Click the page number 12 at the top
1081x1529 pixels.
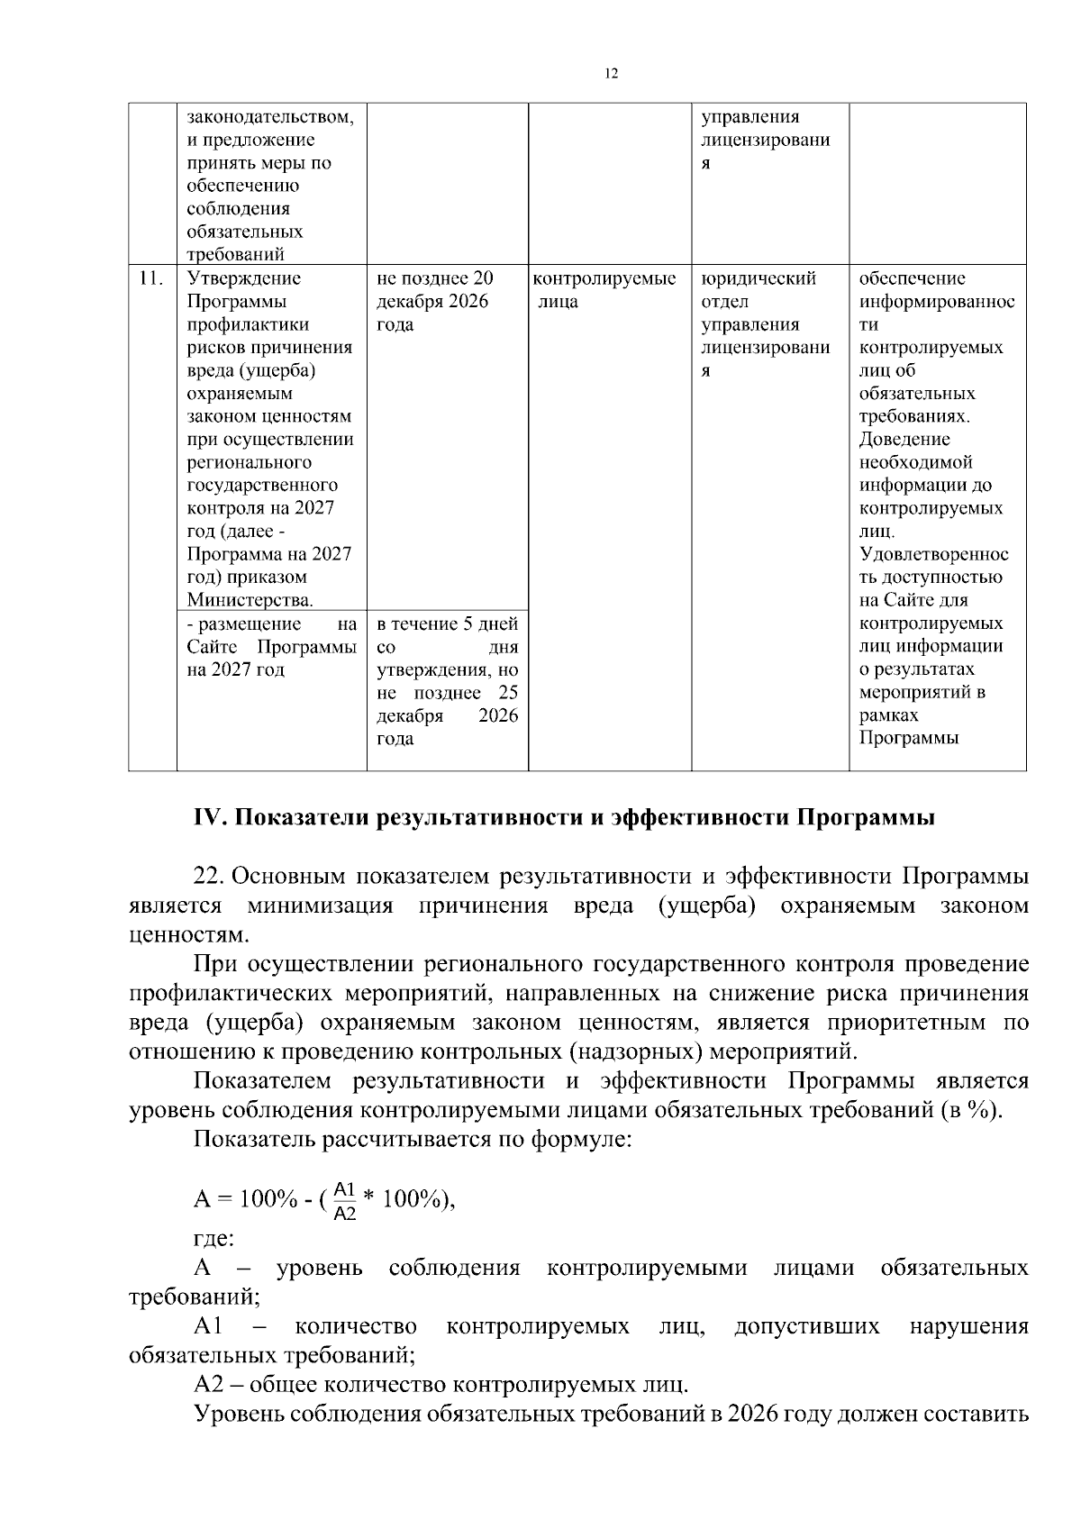[x=612, y=74]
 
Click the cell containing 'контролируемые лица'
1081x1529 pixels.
[x=605, y=290]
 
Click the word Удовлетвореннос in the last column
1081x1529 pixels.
[x=933, y=554]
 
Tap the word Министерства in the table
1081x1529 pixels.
[x=249, y=600]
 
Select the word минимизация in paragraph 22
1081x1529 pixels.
[x=321, y=905]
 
